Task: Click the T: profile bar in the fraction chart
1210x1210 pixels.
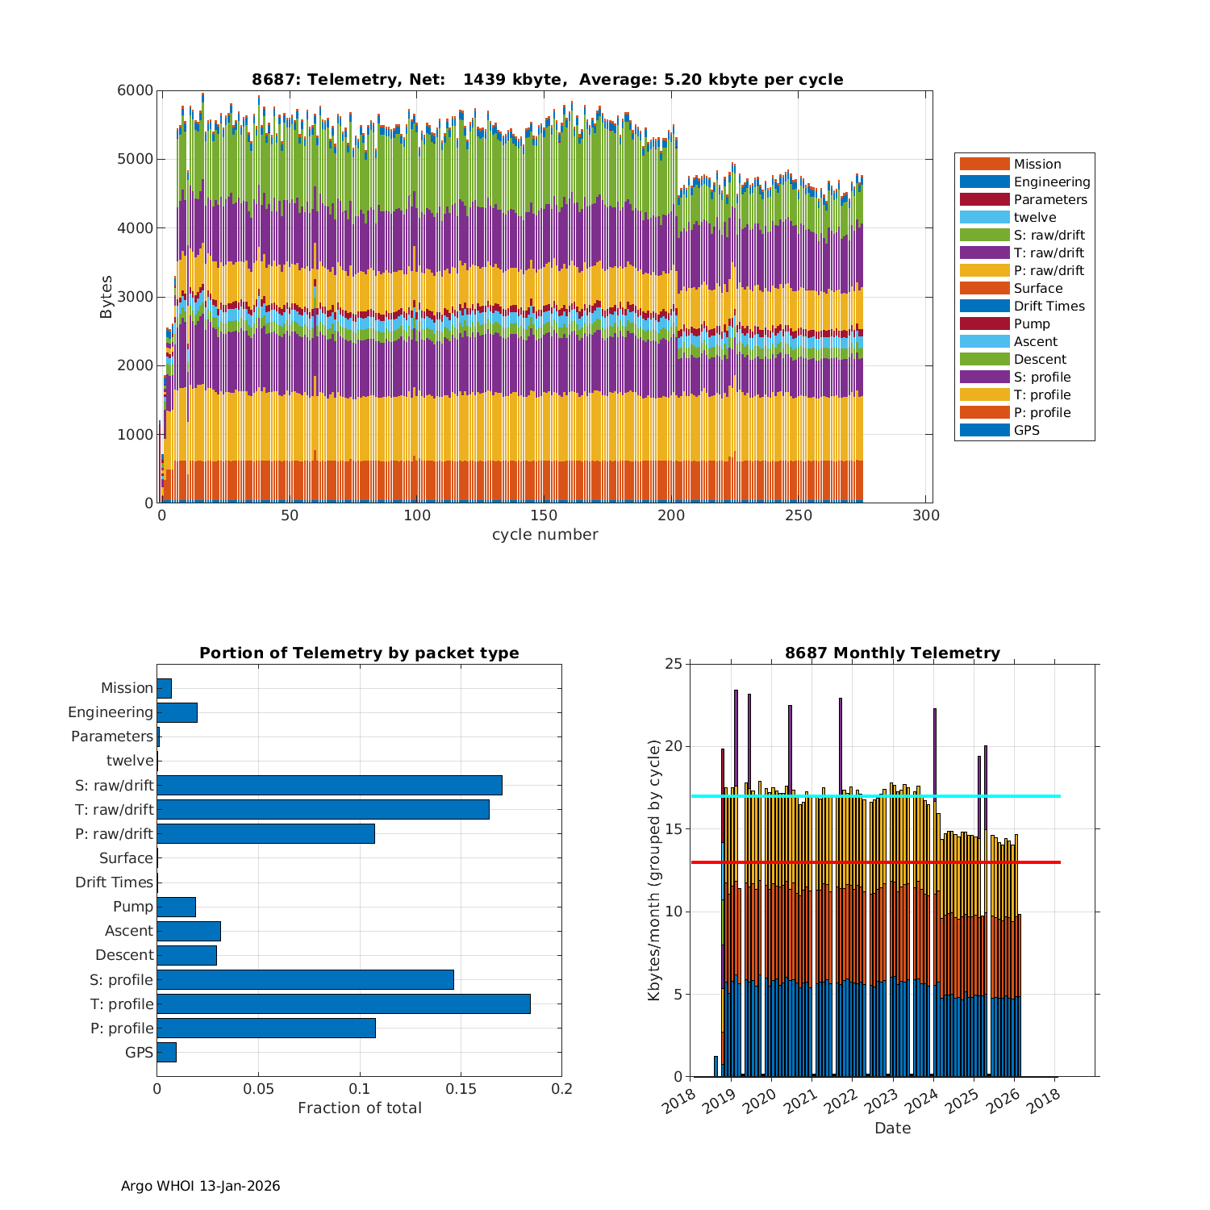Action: click(344, 1003)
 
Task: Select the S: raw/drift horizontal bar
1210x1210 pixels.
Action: click(329, 785)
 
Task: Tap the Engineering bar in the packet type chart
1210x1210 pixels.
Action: click(177, 712)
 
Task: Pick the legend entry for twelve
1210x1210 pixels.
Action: click(1034, 217)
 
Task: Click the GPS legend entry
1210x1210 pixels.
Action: click(1026, 430)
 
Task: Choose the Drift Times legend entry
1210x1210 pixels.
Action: click(1049, 306)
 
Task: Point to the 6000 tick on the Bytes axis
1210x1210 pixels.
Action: click(135, 90)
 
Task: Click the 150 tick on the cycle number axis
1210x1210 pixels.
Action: click(544, 516)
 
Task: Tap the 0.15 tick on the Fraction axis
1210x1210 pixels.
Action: click(461, 1089)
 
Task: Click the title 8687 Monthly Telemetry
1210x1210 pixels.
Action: click(892, 653)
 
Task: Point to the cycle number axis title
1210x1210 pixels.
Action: click(544, 535)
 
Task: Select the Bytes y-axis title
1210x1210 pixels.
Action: click(106, 297)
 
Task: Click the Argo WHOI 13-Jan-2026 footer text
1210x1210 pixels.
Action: click(200, 1186)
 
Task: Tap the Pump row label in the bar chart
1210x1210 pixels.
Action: click(133, 907)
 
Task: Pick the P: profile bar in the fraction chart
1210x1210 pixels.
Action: click(266, 1028)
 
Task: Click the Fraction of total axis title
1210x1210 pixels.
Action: click(359, 1108)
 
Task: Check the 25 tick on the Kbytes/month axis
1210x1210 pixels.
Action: click(673, 664)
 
